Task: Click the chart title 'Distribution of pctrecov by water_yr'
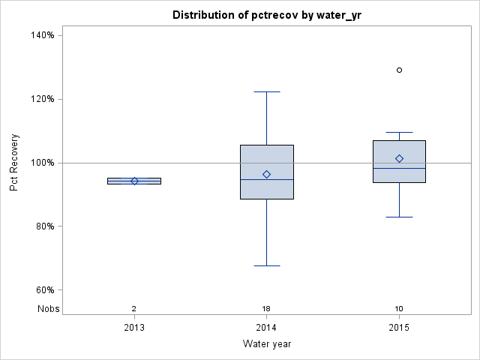click(x=266, y=15)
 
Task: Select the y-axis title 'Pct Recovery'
click(x=14, y=163)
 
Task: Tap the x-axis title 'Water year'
click(x=266, y=344)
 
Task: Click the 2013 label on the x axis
click(x=134, y=328)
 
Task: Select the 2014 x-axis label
click(x=266, y=328)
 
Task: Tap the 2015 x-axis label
click(x=399, y=328)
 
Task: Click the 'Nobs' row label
click(x=48, y=309)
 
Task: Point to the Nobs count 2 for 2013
click(x=134, y=309)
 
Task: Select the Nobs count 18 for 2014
click(x=266, y=309)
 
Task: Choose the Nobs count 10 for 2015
click(x=399, y=309)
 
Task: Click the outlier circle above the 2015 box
click(x=399, y=70)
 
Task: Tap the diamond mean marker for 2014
click(x=266, y=174)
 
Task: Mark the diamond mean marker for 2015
click(x=399, y=158)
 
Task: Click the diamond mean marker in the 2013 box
click(x=134, y=181)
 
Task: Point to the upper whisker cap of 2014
click(x=266, y=91)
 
